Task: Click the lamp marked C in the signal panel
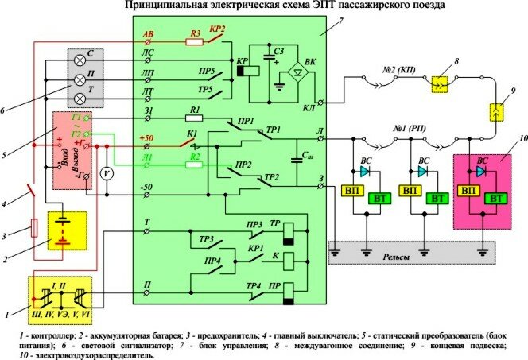[x=79, y=60]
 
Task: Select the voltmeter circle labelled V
[x=104, y=172]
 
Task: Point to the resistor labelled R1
[x=193, y=118]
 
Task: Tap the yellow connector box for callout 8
[x=438, y=81]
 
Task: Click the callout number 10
[x=502, y=137]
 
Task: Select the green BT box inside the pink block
[x=497, y=196]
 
